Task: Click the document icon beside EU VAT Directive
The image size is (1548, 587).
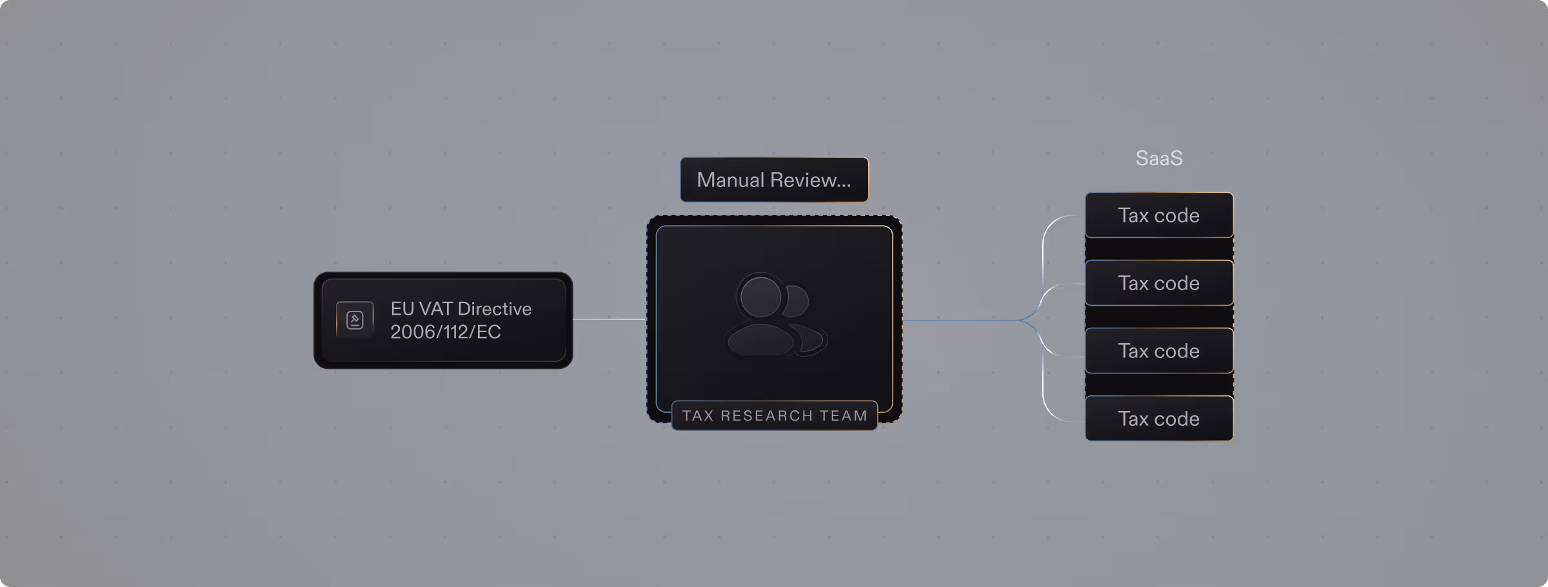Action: click(x=355, y=320)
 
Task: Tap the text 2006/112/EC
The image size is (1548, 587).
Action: click(x=445, y=332)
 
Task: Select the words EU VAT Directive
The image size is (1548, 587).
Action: click(x=461, y=309)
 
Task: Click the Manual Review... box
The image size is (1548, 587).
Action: click(x=774, y=180)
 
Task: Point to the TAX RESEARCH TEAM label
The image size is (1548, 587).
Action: click(x=775, y=415)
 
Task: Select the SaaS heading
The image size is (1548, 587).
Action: click(x=1158, y=158)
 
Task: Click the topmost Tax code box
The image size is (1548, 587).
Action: click(x=1158, y=215)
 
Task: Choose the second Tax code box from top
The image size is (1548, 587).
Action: click(x=1158, y=283)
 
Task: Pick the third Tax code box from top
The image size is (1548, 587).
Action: click(x=1158, y=351)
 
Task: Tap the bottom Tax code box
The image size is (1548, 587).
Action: click(x=1158, y=419)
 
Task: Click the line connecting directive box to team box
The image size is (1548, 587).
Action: click(x=609, y=319)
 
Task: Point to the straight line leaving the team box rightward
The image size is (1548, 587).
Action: click(x=961, y=320)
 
